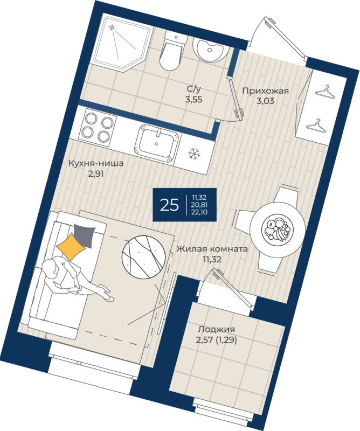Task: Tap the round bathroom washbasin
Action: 211,49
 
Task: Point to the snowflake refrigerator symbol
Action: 194,154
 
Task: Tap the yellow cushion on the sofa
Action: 71,247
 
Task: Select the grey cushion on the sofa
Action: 85,236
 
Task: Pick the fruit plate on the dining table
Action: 277,229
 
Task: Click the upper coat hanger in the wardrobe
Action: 326,92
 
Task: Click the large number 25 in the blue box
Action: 169,205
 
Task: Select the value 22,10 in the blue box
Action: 199,212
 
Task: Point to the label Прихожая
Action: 265,91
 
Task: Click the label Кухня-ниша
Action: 96,163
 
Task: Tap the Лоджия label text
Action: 217,330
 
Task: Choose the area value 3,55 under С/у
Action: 193,100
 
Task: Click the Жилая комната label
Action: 212,249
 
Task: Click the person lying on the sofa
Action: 74,278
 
